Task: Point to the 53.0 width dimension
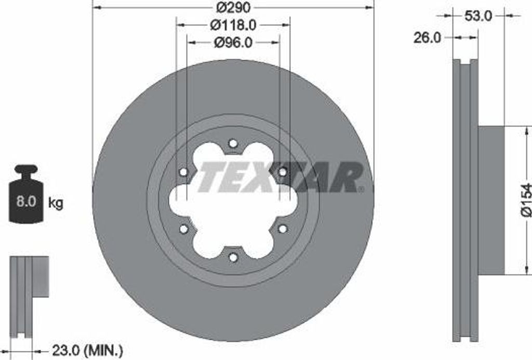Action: (x=478, y=16)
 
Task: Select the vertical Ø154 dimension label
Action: (x=525, y=199)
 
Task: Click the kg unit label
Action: (x=55, y=203)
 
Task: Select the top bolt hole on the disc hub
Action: (x=233, y=143)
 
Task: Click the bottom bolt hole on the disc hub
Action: (x=233, y=257)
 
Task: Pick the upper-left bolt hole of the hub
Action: (x=183, y=172)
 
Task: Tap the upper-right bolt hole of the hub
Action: (x=282, y=172)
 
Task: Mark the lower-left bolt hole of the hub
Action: (x=183, y=229)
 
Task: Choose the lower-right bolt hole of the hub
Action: (x=282, y=229)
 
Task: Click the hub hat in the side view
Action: (x=491, y=200)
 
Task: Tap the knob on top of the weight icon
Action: (x=26, y=169)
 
